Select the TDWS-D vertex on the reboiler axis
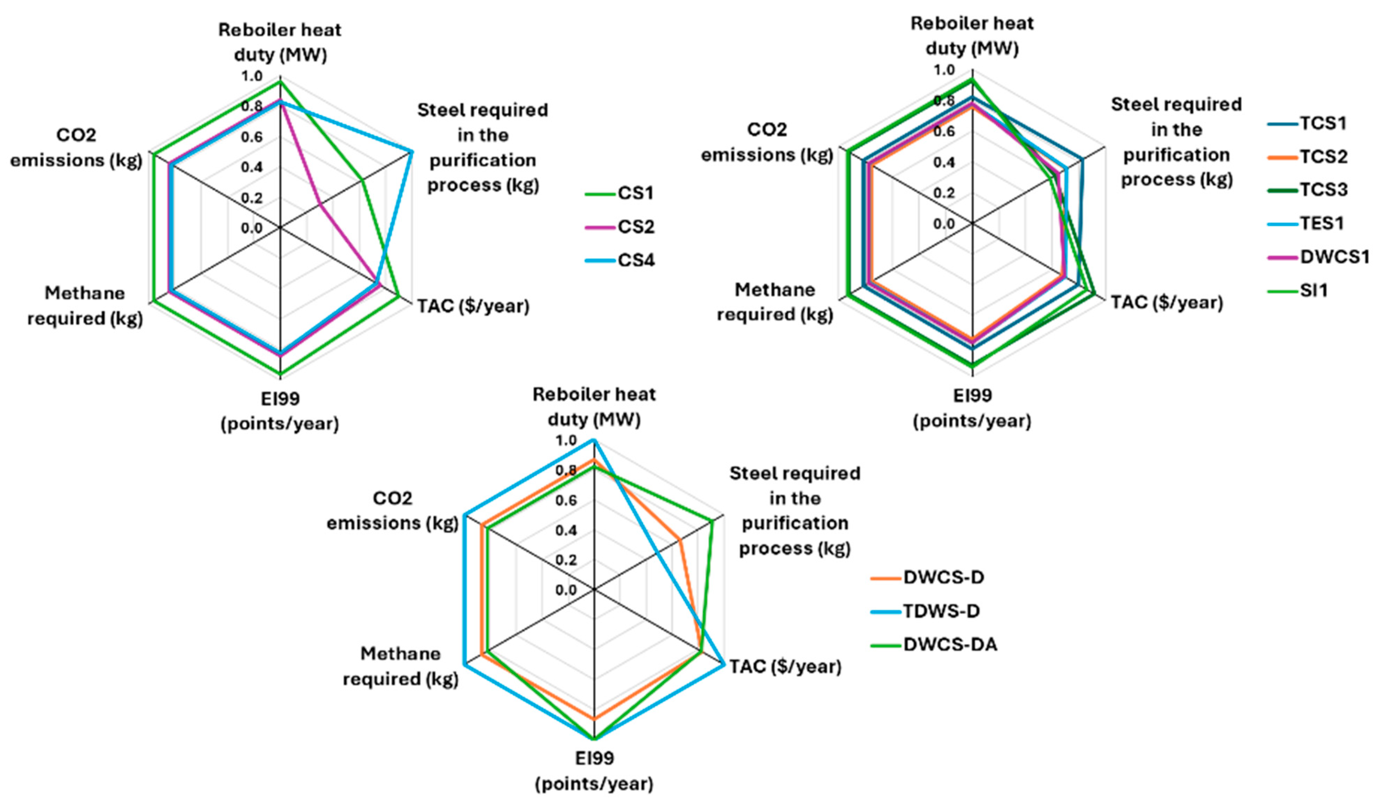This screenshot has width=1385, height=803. (594, 440)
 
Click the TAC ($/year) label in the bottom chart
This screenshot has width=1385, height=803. (785, 667)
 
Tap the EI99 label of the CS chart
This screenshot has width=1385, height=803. (280, 411)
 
